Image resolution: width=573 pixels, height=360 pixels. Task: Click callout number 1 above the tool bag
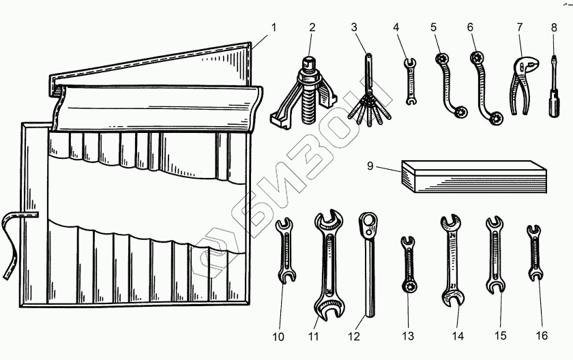(274, 28)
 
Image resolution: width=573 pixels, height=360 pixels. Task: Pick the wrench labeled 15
(494, 255)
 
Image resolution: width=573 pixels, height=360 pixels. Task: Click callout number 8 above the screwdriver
(554, 28)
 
